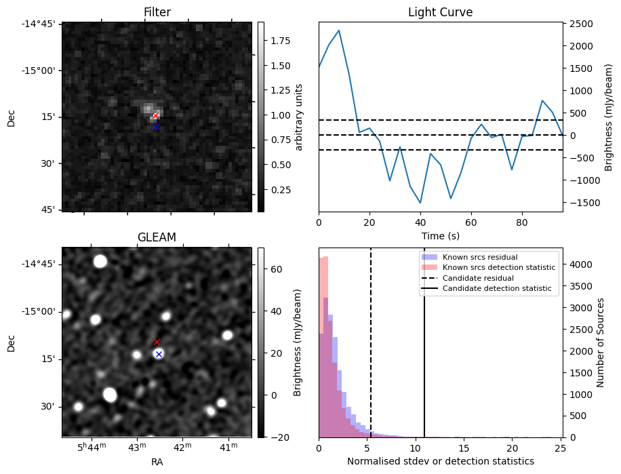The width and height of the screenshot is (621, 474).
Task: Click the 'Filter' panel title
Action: click(x=157, y=12)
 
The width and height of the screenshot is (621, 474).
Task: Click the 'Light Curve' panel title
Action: click(x=440, y=12)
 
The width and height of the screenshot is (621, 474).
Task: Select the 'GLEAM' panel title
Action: click(x=157, y=237)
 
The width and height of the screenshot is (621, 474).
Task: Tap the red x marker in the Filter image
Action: click(x=155, y=116)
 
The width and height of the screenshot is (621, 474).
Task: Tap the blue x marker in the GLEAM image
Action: click(x=159, y=354)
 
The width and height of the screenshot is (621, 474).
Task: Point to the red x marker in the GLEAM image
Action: click(x=157, y=342)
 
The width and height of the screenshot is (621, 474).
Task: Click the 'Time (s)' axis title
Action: click(x=440, y=235)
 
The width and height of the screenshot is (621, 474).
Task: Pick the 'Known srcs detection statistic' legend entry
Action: click(x=498, y=268)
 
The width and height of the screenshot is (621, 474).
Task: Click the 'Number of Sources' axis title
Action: click(x=600, y=343)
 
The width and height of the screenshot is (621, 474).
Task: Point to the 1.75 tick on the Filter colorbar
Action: click(x=275, y=41)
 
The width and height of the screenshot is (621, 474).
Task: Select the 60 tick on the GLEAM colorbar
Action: click(x=271, y=269)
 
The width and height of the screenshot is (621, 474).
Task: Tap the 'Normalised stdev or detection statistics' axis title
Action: click(x=440, y=461)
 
